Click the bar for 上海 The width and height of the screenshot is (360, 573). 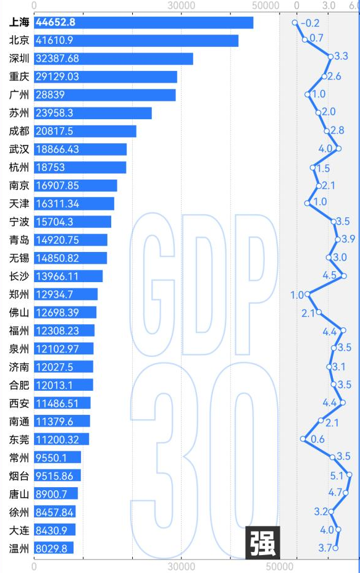pos(143,23)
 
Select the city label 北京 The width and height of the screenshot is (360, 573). pos(19,41)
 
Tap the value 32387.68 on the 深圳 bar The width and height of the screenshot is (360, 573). pos(57,59)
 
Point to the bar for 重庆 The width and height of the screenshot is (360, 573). pos(105,77)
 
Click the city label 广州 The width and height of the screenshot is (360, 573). pos(19,95)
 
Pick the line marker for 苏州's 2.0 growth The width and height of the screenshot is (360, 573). pos(319,112)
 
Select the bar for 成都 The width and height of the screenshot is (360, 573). pos(85,132)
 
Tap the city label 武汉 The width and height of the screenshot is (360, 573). pos(19,149)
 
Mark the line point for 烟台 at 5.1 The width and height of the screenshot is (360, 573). pos(350,475)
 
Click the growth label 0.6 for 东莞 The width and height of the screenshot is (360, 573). pos(317,439)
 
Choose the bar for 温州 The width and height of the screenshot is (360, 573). pos(54,548)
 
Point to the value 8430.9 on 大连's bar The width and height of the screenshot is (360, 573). pos(54,530)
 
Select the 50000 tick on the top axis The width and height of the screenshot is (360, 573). pos(267,6)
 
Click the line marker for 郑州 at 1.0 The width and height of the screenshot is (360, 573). pos(308,294)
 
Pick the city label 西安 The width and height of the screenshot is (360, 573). pos(19,403)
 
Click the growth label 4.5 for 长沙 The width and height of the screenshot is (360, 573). pos(330,276)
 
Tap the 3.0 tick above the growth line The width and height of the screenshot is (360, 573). pos(328,6)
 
